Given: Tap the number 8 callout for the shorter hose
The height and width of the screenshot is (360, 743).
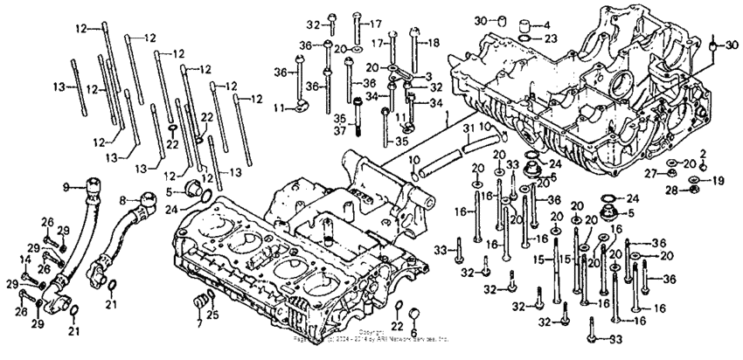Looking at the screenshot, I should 122,200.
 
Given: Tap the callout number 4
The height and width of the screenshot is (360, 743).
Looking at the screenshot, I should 545,24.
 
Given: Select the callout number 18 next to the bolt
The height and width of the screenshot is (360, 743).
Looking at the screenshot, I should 434,43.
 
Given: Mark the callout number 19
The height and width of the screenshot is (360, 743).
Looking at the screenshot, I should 719,181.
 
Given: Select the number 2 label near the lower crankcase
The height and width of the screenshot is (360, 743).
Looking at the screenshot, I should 702,154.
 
